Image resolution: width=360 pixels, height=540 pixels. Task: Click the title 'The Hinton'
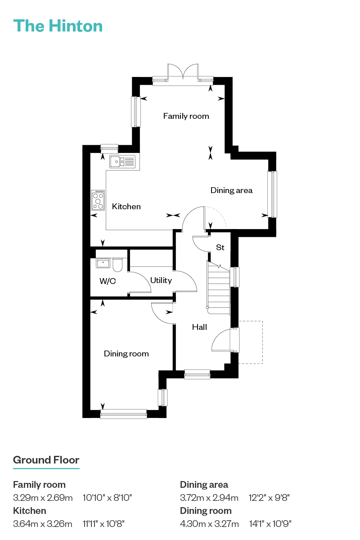[x=58, y=26]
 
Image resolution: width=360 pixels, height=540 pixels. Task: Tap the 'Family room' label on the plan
[x=186, y=116]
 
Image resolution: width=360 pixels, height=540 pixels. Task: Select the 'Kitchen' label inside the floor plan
[x=126, y=207]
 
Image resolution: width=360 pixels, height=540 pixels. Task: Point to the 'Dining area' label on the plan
[x=231, y=190]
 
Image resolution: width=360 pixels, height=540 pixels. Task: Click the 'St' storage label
[x=220, y=247]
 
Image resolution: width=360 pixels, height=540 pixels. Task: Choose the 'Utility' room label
[x=161, y=280]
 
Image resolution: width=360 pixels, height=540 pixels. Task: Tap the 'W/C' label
[x=108, y=281]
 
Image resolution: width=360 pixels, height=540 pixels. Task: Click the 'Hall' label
[x=199, y=327]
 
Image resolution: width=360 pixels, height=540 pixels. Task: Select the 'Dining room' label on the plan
[x=126, y=354]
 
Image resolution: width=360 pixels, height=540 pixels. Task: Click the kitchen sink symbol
[x=122, y=161]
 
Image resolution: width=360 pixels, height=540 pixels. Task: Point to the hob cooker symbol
[x=98, y=200]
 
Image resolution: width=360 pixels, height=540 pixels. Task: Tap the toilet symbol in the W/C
[x=117, y=265]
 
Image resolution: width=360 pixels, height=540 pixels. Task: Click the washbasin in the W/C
[x=103, y=263]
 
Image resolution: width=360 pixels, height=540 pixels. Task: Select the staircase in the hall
[x=218, y=288]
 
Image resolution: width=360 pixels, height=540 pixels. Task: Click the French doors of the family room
[x=183, y=72]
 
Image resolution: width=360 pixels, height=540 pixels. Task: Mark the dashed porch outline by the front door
[x=251, y=342]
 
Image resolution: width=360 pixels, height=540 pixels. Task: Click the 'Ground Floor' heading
[x=46, y=460]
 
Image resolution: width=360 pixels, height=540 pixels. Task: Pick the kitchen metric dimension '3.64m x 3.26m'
[x=43, y=524]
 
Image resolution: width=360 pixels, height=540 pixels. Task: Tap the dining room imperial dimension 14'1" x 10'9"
[x=270, y=524]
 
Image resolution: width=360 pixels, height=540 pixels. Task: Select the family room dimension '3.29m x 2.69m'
[x=43, y=498]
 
